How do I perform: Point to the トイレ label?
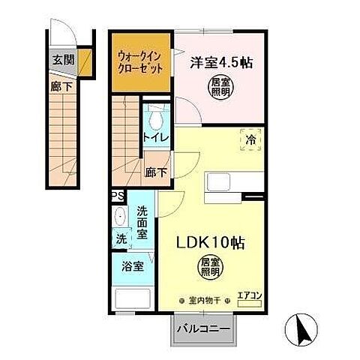156,137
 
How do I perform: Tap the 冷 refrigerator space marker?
251,139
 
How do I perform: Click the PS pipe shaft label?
118,196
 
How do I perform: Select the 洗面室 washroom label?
143,223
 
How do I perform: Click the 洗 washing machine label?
121,239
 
